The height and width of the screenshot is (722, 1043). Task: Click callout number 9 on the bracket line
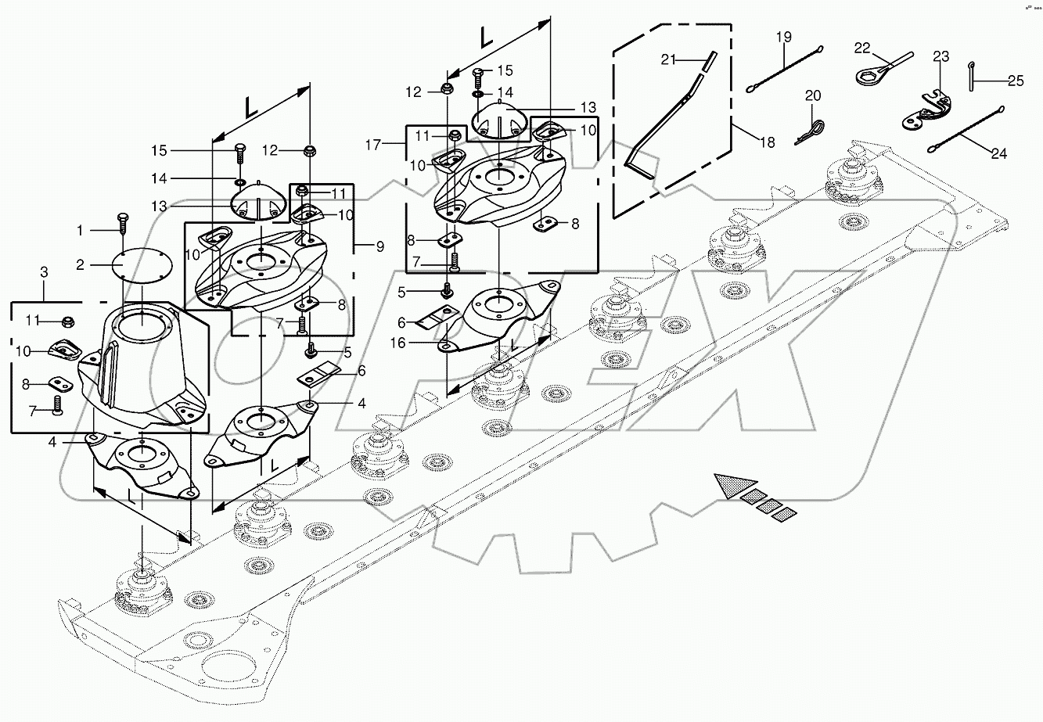tap(380, 246)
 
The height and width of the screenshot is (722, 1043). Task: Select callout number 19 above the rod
tap(784, 38)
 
